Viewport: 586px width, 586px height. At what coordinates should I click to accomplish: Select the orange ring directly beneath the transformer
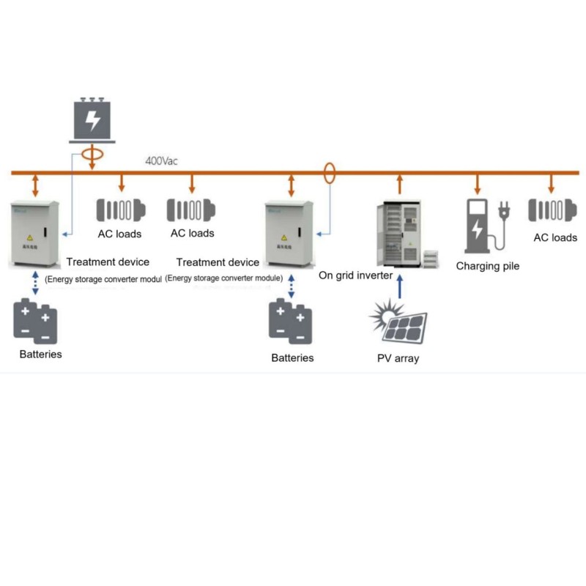pyautogui.click(x=92, y=155)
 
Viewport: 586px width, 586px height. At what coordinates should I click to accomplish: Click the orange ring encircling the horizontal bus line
pyautogui.click(x=330, y=173)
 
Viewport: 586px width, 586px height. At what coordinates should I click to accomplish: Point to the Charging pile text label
pyautogui.click(x=487, y=266)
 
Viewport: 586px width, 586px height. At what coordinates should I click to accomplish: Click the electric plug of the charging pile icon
pyautogui.click(x=505, y=211)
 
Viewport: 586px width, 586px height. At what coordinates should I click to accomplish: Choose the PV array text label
pyautogui.click(x=397, y=359)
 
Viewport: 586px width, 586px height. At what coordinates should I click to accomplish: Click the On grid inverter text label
pyautogui.click(x=356, y=275)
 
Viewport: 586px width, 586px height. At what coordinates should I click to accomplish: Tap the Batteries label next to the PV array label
pyautogui.click(x=292, y=358)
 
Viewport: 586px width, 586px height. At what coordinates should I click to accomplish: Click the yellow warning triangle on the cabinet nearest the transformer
pyautogui.click(x=30, y=237)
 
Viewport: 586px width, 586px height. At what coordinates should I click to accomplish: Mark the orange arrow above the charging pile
pyautogui.click(x=478, y=184)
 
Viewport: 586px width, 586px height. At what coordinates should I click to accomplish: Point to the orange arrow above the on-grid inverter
pyautogui.click(x=399, y=183)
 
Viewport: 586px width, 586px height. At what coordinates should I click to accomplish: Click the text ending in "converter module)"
pyautogui.click(x=224, y=278)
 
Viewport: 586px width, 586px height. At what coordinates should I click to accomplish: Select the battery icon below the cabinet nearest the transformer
pyautogui.click(x=35, y=320)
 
